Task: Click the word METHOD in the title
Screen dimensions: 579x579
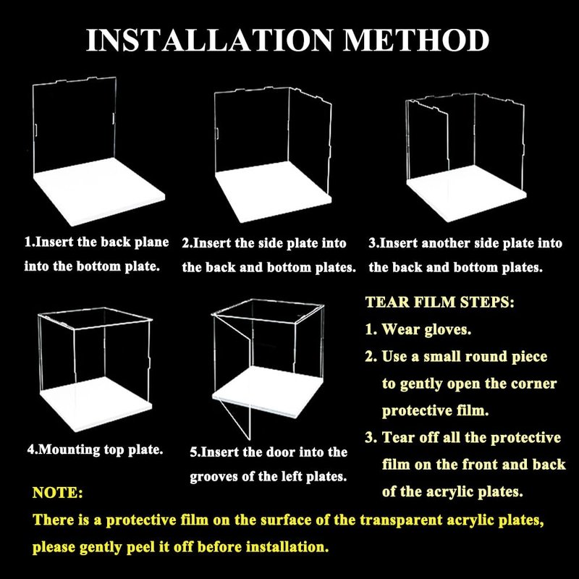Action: (416, 40)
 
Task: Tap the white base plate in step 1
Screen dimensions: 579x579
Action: (98, 191)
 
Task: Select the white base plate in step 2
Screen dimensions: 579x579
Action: (274, 192)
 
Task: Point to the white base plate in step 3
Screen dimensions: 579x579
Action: (466, 193)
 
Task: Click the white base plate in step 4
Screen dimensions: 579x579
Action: (96, 403)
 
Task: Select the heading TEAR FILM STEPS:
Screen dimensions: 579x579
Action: (439, 302)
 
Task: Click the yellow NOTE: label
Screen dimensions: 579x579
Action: (58, 493)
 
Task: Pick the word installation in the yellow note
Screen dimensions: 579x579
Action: (287, 546)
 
